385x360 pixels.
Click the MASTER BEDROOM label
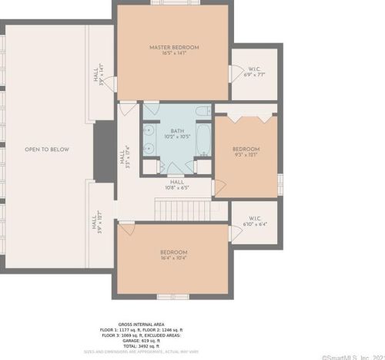coord(173,48)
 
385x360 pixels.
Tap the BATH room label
coord(178,131)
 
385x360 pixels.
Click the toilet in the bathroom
coord(203,113)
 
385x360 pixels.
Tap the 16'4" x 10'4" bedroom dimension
coord(173,258)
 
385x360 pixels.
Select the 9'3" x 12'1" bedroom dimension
coord(246,154)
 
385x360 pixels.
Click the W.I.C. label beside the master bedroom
coord(254,70)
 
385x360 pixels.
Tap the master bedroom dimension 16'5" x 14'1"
coord(173,54)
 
